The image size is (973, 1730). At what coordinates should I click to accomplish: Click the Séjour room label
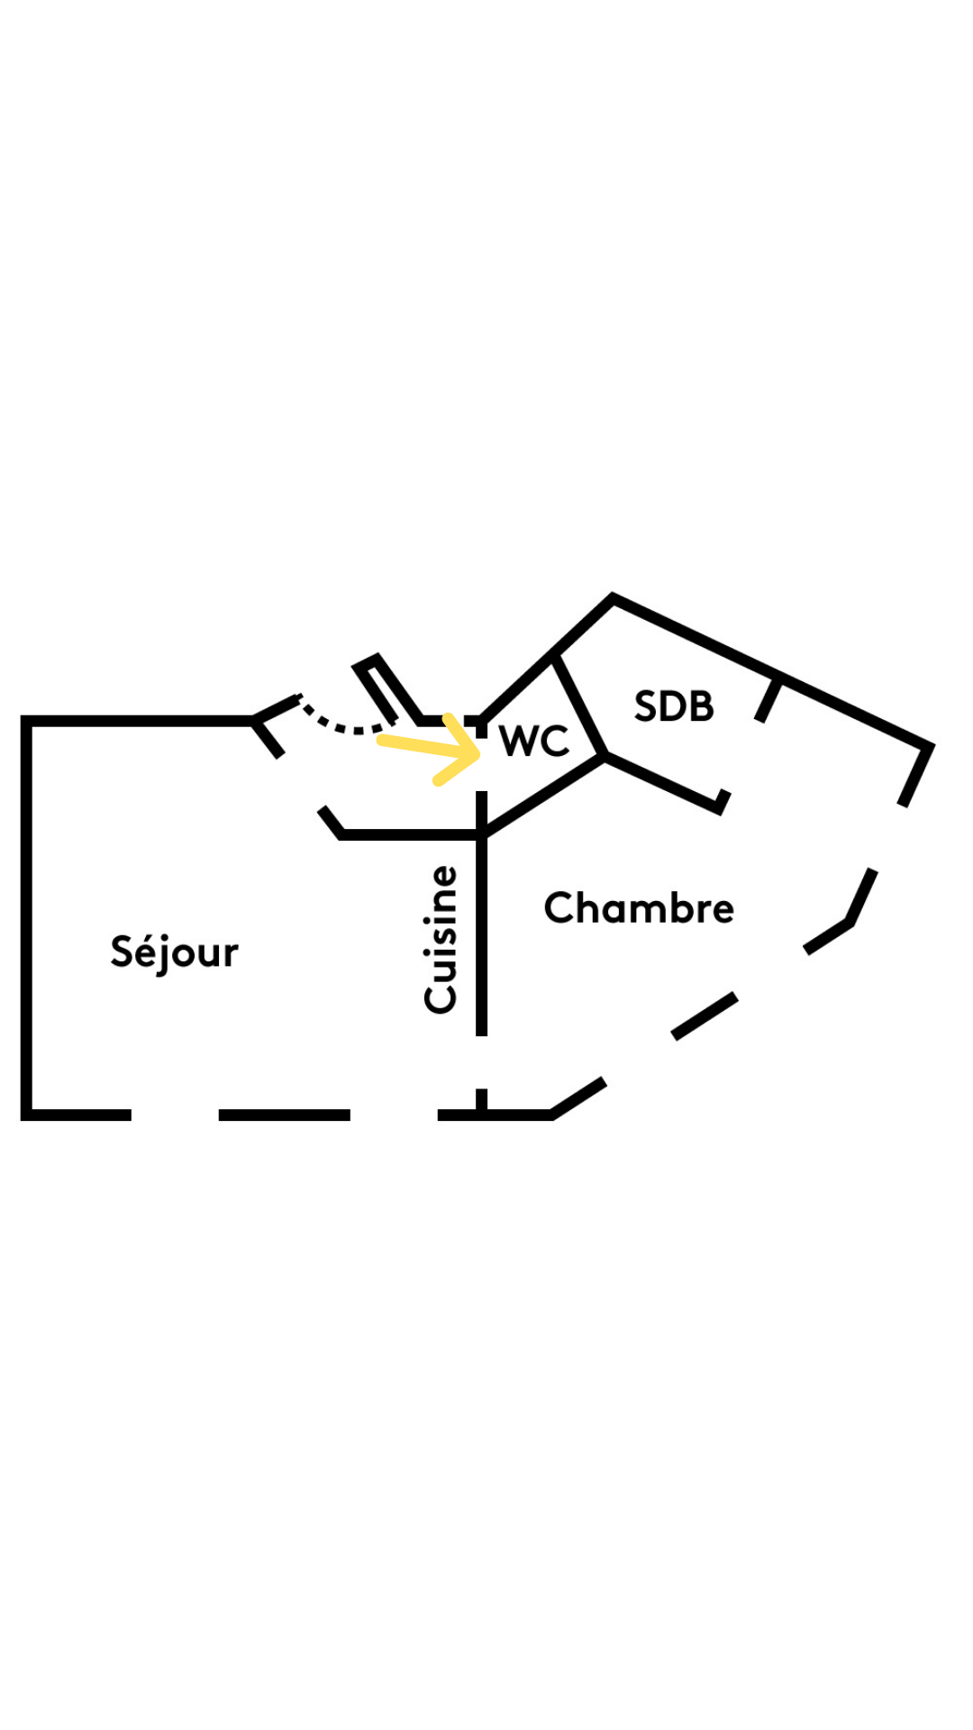(174, 952)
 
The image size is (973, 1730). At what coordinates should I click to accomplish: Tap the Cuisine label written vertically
(441, 939)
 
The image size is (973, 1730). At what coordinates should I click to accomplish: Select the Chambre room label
(639, 907)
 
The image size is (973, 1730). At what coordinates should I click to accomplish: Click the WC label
(534, 741)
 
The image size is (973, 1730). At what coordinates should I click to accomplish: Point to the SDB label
(674, 706)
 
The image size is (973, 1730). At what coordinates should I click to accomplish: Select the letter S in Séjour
(122, 951)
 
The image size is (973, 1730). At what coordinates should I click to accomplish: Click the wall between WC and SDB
(578, 706)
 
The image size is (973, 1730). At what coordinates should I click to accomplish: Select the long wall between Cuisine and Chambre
(482, 937)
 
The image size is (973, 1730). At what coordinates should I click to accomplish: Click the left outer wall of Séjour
(26, 919)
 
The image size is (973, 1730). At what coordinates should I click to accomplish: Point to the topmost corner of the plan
(613, 597)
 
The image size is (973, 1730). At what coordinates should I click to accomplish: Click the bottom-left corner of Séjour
(27, 1115)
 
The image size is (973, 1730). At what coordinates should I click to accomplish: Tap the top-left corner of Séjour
(27, 721)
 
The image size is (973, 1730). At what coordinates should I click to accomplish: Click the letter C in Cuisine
(441, 997)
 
